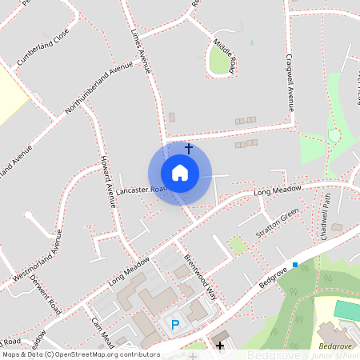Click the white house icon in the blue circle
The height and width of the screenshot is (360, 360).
pyautogui.click(x=179, y=173)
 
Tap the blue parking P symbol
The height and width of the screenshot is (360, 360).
pyautogui.click(x=175, y=324)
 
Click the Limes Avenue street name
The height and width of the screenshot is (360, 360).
pyautogui.click(x=140, y=52)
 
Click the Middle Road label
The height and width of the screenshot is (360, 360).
pyautogui.click(x=225, y=55)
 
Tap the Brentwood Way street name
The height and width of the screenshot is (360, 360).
pyautogui.click(x=200, y=276)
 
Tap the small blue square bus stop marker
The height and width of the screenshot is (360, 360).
pyautogui.click(x=295, y=264)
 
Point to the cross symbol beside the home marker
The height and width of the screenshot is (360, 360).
pyautogui.click(x=189, y=148)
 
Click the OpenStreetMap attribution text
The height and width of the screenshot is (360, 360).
pyautogui.click(x=80, y=354)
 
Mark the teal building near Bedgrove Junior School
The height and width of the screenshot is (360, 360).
pyautogui.click(x=346, y=310)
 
